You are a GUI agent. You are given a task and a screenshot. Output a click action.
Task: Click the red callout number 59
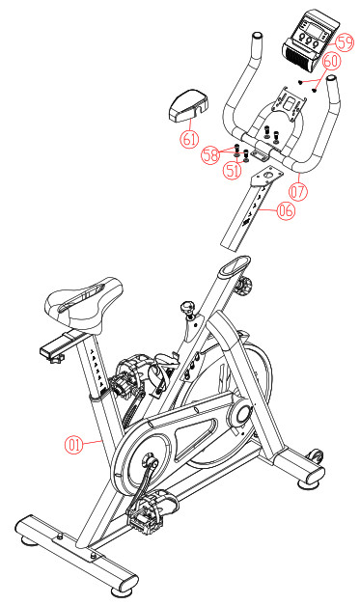coord(345,41)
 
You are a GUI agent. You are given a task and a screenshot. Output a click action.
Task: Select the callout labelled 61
coord(190,138)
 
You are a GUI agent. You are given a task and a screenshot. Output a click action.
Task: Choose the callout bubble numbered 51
coord(233,171)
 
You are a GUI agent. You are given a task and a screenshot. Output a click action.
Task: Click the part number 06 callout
coord(285,211)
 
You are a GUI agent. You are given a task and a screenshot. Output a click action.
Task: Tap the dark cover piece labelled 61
coord(189,104)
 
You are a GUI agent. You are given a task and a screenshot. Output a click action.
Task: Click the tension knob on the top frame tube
coord(187,310)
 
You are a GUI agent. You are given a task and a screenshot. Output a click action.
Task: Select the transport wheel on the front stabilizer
coord(313,454)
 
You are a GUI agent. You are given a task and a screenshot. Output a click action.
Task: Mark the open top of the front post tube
coord(233,265)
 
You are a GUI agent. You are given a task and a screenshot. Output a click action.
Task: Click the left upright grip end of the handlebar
coord(256,44)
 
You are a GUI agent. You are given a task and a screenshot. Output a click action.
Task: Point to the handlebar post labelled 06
coord(253,207)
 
